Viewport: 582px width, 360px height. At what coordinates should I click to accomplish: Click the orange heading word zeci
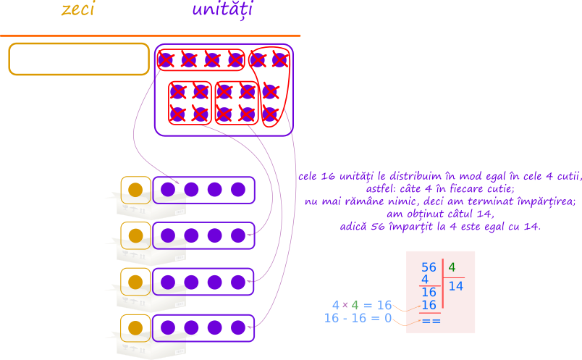78,9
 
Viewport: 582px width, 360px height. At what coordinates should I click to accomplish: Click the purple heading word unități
222,9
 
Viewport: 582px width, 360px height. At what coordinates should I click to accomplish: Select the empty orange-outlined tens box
79,59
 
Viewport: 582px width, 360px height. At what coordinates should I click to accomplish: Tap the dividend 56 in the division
429,267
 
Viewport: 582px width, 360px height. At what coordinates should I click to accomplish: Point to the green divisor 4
452,267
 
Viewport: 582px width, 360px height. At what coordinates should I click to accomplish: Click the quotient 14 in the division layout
456,286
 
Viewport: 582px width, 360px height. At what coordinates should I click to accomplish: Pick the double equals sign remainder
431,321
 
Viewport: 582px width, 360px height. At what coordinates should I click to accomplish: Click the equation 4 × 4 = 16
362,305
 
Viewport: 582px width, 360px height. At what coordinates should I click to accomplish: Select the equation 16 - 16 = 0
358,318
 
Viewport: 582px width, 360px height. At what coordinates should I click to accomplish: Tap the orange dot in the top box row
135,190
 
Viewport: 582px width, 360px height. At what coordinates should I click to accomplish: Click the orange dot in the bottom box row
135,328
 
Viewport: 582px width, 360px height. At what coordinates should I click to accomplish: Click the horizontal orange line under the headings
150,35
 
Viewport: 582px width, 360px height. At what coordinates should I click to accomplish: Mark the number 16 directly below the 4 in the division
429,292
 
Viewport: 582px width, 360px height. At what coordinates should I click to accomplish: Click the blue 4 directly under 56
425,280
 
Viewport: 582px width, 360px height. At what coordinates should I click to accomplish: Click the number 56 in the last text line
377,226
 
